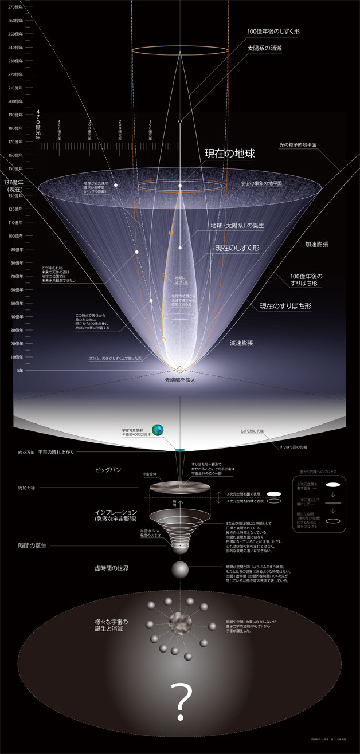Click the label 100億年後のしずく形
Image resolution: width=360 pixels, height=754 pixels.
click(x=273, y=32)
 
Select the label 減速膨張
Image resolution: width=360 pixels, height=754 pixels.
click(x=241, y=342)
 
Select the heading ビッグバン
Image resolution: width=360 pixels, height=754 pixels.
click(x=107, y=469)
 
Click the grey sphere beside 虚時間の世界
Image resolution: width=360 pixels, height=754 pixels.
click(x=180, y=570)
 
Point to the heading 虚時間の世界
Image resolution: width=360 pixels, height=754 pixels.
click(x=112, y=568)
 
